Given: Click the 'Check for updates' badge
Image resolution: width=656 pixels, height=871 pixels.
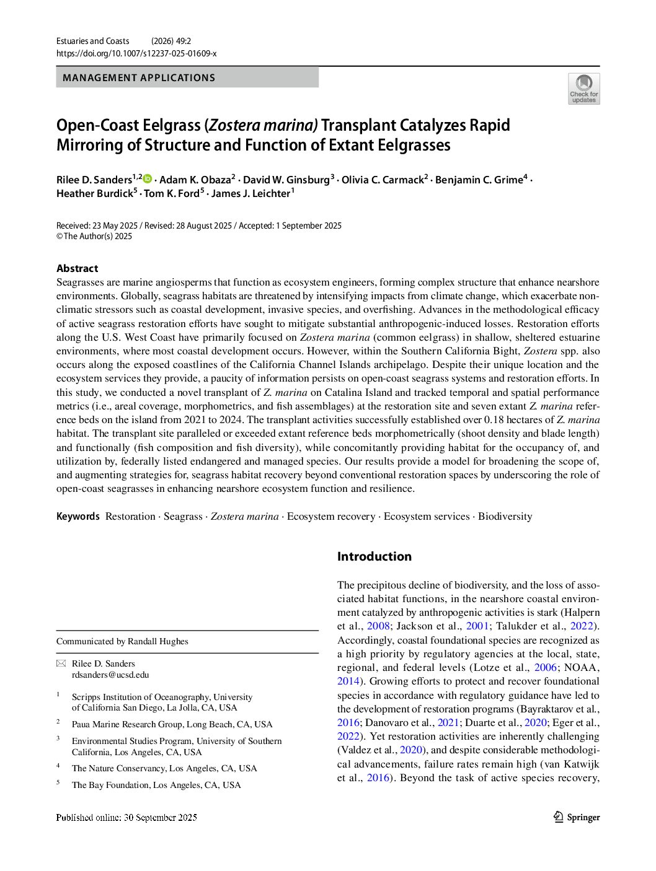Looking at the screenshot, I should pyautogui.click(x=583, y=89).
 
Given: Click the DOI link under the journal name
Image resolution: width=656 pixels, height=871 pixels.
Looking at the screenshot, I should pyautogui.click(x=136, y=54).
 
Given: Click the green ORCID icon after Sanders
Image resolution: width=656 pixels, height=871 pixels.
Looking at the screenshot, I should pyautogui.click(x=148, y=179).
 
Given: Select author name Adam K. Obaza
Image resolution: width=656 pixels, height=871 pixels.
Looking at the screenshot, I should pyautogui.click(x=195, y=180).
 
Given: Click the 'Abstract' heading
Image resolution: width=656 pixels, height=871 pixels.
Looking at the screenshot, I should pyautogui.click(x=77, y=268).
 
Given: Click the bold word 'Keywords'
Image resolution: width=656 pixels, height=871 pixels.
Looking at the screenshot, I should pyautogui.click(x=78, y=516).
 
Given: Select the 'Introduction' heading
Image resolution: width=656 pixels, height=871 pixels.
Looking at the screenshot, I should pyautogui.click(x=374, y=556).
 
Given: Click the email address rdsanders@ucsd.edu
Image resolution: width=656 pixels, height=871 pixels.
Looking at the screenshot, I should pyautogui.click(x=110, y=675).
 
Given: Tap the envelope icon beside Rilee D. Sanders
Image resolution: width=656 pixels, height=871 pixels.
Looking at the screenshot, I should pyautogui.click(x=61, y=663).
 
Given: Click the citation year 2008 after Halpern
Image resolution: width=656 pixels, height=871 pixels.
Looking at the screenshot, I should pyautogui.click(x=378, y=626).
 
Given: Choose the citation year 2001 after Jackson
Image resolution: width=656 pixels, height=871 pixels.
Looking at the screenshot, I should pyautogui.click(x=477, y=626).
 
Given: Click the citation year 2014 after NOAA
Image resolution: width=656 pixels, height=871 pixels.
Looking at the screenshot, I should pyautogui.click(x=348, y=681).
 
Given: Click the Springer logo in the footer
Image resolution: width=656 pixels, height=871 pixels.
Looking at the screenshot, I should pyautogui.click(x=577, y=817).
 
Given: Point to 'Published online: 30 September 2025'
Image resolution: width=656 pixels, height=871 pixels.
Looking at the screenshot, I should pyautogui.click(x=126, y=817).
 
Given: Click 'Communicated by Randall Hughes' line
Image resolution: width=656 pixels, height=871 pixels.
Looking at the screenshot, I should pyautogui.click(x=122, y=641).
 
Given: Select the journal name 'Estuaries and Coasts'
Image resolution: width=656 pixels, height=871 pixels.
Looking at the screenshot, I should pyautogui.click(x=92, y=41).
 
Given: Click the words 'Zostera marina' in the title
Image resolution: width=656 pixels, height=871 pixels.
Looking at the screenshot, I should pyautogui.click(x=263, y=125).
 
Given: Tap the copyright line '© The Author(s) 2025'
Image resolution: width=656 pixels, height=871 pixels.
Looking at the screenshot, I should pyautogui.click(x=94, y=236).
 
